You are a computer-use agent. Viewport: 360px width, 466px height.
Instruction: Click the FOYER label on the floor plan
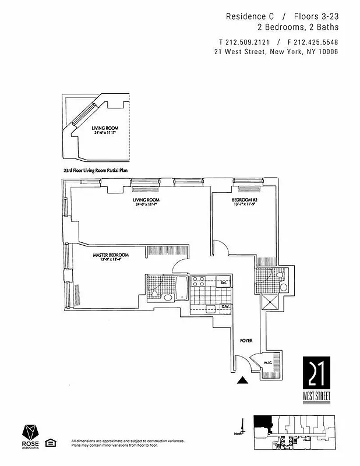(x=246, y=340)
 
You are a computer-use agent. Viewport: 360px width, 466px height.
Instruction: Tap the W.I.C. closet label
(x=267, y=362)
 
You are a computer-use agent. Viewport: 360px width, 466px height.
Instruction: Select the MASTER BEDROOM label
(x=111, y=255)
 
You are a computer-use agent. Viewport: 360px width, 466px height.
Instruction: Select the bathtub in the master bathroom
(x=182, y=288)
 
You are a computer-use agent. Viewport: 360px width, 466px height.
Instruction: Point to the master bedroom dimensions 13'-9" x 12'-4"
(x=111, y=260)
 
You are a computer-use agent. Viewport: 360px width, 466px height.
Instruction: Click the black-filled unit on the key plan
(x=263, y=423)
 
